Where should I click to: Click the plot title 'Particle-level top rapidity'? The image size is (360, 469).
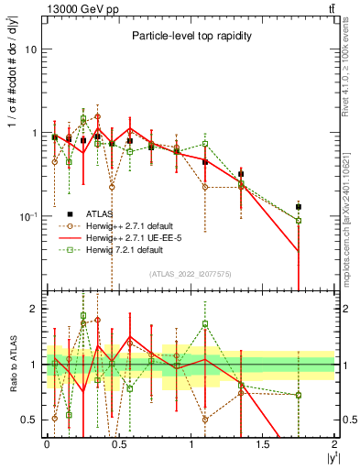coord(190,36)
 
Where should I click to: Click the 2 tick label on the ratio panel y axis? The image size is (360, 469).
coord(34,310)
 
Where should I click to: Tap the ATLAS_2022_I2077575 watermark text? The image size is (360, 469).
coord(191,273)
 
